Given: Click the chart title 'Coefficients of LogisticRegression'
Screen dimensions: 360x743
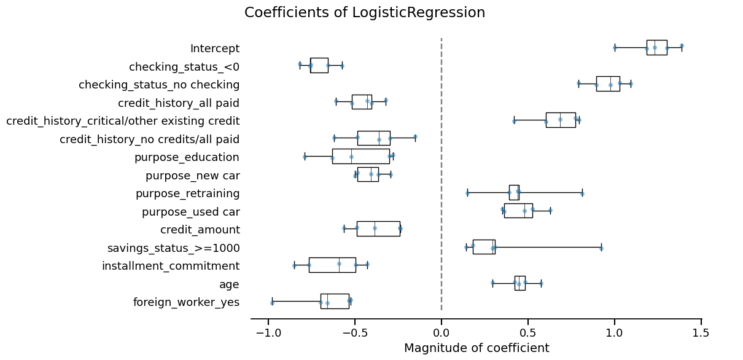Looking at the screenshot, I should click(x=365, y=13).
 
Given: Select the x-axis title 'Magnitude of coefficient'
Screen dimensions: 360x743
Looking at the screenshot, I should click(x=476, y=348).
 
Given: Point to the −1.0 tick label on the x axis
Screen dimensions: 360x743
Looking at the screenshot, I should click(x=268, y=333).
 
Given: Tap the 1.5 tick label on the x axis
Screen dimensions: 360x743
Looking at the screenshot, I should click(x=701, y=333).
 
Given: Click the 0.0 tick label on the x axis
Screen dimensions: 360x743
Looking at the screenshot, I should click(x=442, y=333).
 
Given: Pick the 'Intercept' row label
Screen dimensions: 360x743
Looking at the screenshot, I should click(x=215, y=49).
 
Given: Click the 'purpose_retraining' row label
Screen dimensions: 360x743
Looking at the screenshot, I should click(x=187, y=194).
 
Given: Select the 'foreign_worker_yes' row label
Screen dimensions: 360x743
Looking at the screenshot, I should click(x=186, y=302).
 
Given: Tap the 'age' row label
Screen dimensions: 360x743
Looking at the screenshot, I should click(x=229, y=284).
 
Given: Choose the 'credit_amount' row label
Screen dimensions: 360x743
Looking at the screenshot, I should click(x=200, y=230).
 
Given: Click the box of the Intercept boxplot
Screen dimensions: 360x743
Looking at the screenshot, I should click(x=656, y=47).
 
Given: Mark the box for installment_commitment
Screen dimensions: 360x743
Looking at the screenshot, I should click(x=332, y=265).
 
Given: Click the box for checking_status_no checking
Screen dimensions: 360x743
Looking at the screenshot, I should click(x=608, y=84).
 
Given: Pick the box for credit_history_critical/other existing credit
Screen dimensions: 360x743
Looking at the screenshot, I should click(x=561, y=120).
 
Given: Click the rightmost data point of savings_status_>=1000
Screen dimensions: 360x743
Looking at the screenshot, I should click(x=601, y=248).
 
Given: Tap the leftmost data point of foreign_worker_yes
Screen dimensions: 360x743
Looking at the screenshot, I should click(x=272, y=302).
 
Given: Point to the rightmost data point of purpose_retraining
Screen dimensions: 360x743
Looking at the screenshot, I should click(x=582, y=194).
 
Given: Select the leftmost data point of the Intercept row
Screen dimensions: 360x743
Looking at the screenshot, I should click(x=615, y=47).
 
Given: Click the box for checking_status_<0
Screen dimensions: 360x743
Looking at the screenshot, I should click(x=319, y=65).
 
